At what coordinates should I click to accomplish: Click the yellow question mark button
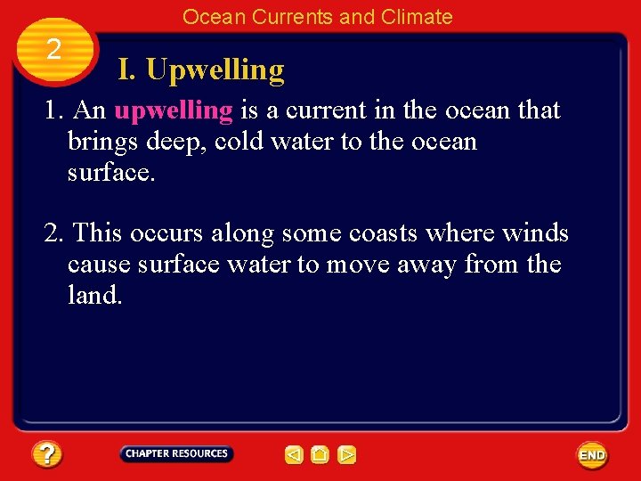click(x=47, y=455)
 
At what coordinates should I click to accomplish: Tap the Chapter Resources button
click(x=176, y=453)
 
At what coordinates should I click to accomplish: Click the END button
click(x=592, y=455)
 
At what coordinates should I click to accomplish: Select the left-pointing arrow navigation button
click(x=294, y=455)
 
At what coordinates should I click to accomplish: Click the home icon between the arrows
click(x=320, y=455)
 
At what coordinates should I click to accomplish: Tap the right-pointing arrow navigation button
click(x=347, y=455)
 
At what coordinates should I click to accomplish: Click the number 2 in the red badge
click(x=53, y=49)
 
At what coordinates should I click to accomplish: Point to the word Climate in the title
click(x=418, y=17)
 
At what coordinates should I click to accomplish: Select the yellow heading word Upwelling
click(x=215, y=69)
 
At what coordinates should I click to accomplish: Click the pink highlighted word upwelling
click(x=174, y=110)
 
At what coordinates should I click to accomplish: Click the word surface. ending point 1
click(x=111, y=173)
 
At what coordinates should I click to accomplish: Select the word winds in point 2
click(x=537, y=233)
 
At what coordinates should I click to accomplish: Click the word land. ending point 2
click(x=94, y=295)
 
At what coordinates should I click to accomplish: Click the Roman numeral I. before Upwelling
click(x=127, y=69)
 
